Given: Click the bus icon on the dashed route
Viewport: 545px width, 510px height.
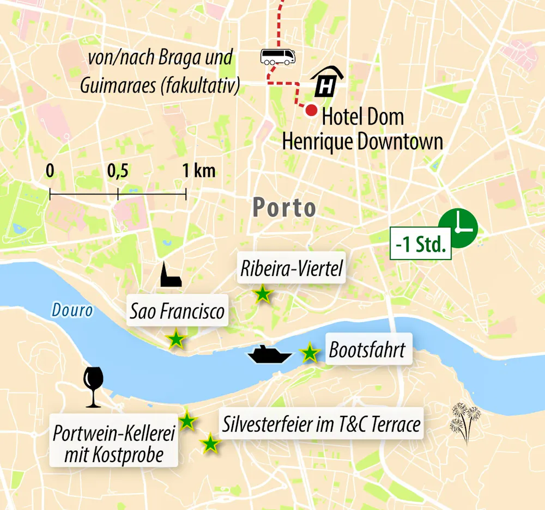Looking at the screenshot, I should tap(278, 57).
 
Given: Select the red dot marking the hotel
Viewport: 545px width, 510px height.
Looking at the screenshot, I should tap(311, 110).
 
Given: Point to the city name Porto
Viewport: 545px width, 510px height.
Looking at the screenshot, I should tap(284, 208).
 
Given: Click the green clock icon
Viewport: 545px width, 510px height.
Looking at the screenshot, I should tap(458, 228).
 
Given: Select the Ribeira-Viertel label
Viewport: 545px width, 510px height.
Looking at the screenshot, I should tap(292, 268).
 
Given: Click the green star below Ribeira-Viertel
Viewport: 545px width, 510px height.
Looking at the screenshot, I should tap(263, 294).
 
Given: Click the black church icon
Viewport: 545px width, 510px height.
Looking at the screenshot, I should tap(170, 275).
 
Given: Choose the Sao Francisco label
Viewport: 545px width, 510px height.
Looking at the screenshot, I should tap(177, 311).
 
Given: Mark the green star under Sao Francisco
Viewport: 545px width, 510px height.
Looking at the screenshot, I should tap(175, 340).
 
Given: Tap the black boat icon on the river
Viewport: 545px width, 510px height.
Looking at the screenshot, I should tap(270, 354).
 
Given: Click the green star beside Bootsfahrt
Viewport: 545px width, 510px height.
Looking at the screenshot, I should tap(310, 353).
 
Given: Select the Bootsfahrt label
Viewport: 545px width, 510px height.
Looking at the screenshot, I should tap(367, 350).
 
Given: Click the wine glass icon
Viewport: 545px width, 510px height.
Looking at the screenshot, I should tap(93, 387).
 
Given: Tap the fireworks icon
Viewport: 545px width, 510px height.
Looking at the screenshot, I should tap(465, 422).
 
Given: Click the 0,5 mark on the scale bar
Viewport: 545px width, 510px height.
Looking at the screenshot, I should tap(118, 194).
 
